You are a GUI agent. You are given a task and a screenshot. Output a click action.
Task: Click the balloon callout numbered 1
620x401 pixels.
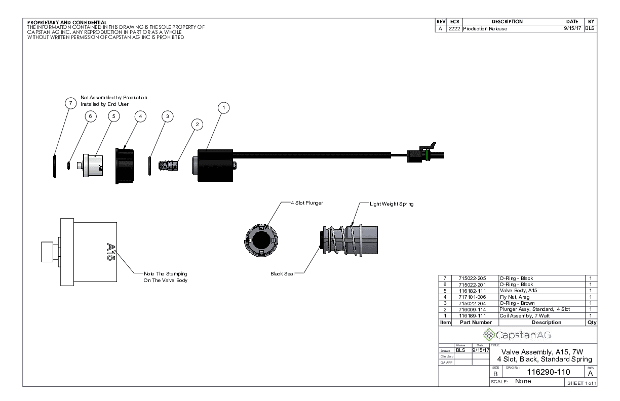pos(224,107)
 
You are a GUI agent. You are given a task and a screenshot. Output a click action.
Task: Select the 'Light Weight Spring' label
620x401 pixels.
pos(392,204)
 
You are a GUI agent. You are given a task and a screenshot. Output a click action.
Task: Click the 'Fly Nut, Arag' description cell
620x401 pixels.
pos(514,297)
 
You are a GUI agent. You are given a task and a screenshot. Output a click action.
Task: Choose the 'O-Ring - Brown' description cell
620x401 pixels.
pos(517,303)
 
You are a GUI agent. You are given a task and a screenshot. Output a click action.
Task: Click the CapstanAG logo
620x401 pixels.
pos(517,335)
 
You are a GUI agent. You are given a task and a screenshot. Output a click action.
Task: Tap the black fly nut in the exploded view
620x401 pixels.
pos(125,165)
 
